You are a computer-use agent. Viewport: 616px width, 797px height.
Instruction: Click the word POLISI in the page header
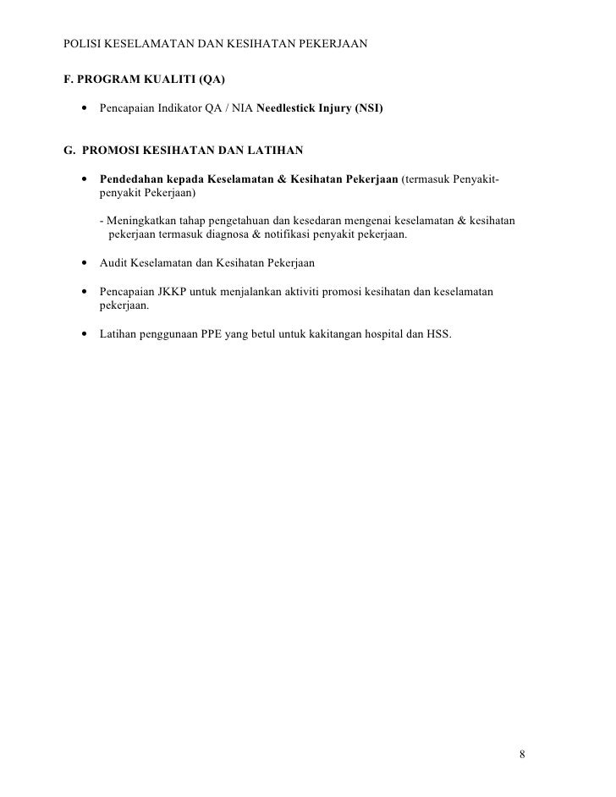click(82, 41)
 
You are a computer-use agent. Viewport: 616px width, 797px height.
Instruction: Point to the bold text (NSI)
click(369, 109)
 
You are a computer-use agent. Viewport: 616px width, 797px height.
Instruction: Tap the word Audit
click(113, 263)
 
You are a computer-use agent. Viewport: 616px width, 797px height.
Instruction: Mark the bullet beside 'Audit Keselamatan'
click(85, 263)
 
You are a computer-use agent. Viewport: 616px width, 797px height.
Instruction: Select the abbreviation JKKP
click(173, 292)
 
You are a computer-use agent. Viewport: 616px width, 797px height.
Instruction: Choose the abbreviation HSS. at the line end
click(437, 334)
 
